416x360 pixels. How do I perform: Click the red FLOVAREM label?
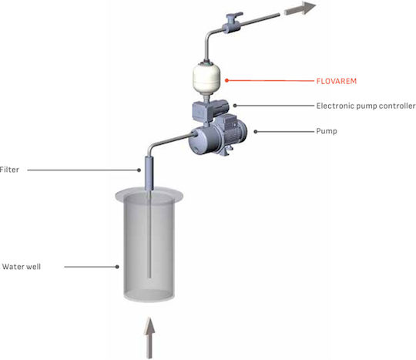pyautogui.click(x=337, y=81)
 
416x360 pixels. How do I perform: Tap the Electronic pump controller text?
pyautogui.click(x=366, y=106)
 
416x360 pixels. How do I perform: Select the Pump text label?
pyautogui.click(x=327, y=131)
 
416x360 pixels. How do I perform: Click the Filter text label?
pyautogui.click(x=9, y=170)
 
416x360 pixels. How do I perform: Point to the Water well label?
pyautogui.click(x=22, y=267)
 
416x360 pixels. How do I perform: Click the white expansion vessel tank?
pyautogui.click(x=206, y=78)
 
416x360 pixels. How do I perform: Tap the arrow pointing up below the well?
pyautogui.click(x=149, y=338)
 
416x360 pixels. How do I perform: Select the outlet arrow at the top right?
pyautogui.click(x=300, y=8)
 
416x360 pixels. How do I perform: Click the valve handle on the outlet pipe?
pyautogui.click(x=235, y=15)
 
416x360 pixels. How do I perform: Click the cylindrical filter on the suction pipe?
pyautogui.click(x=149, y=173)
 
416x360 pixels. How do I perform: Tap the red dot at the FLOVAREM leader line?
pyautogui.click(x=226, y=80)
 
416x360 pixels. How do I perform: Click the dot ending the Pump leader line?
pyautogui.click(x=256, y=132)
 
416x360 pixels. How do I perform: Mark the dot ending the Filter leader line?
pyautogui.click(x=139, y=170)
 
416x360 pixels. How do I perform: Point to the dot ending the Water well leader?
pyautogui.click(x=117, y=267)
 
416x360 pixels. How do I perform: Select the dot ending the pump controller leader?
pyautogui.click(x=235, y=106)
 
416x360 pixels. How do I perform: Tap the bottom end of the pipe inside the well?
pyautogui.click(x=149, y=277)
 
